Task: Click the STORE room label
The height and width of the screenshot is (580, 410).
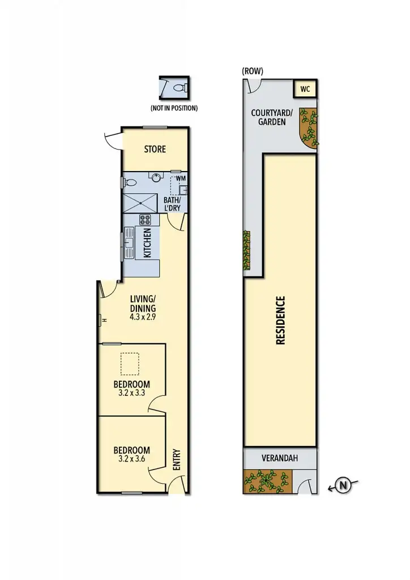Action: (x=155, y=149)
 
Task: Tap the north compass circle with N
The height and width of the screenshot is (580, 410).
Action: (x=343, y=485)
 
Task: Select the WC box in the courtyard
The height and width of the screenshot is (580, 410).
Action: (x=305, y=89)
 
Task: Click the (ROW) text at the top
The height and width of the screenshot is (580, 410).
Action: (x=253, y=71)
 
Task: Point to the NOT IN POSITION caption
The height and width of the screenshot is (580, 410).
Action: (x=174, y=108)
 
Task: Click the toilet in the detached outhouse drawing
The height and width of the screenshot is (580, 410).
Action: (x=179, y=88)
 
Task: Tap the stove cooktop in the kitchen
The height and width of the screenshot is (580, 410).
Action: (x=145, y=220)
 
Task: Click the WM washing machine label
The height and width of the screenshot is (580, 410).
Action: (x=181, y=178)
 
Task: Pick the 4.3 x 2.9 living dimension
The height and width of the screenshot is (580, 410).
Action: (x=143, y=317)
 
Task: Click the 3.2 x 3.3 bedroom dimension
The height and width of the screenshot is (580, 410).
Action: (x=131, y=393)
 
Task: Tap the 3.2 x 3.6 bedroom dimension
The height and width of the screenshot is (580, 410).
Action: (x=131, y=459)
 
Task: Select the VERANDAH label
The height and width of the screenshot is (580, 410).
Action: (x=280, y=458)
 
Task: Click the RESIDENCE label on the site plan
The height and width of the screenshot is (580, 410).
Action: (x=280, y=320)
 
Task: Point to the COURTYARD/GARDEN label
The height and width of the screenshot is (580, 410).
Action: (x=272, y=117)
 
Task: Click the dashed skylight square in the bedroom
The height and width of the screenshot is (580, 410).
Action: (x=130, y=365)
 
